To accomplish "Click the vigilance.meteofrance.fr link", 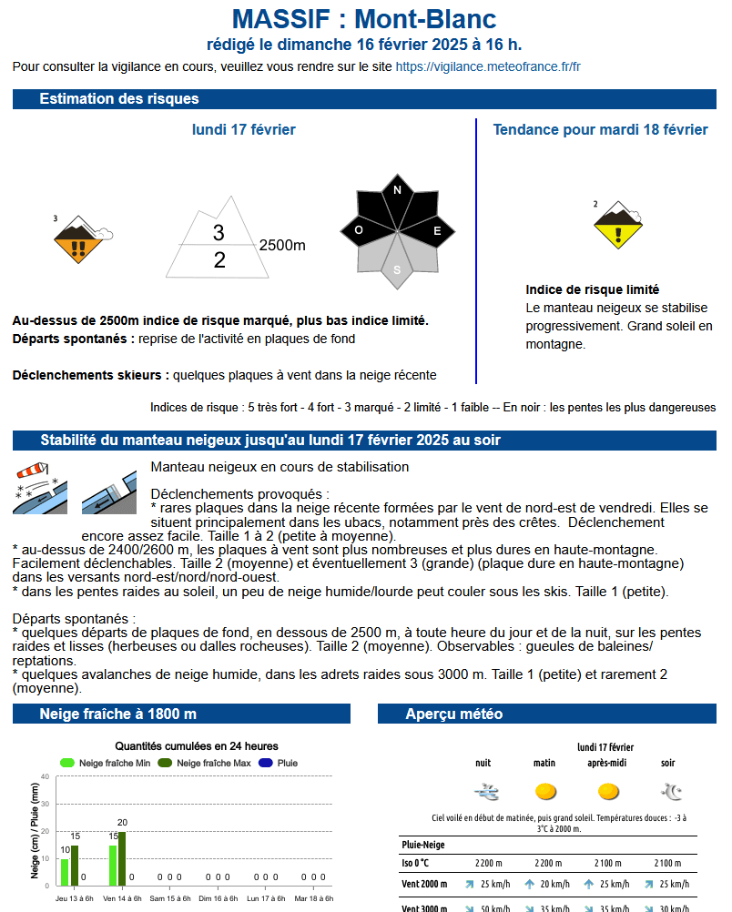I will point(488,66).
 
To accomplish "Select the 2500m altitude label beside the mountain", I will point(282,246).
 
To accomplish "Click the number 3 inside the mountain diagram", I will point(219,233).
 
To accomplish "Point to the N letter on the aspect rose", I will point(397,191).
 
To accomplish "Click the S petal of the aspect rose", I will point(397,269).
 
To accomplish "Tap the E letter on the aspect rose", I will point(437,231).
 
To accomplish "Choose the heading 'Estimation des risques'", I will point(119,99).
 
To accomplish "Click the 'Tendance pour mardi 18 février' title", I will point(600,130).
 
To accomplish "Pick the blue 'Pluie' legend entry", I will point(279,763).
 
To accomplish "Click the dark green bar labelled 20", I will point(122,858).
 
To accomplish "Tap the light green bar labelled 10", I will point(65,872).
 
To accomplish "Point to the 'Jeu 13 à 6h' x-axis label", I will point(75,898).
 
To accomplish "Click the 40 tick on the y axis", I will point(45,776).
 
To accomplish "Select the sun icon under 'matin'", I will point(545,791).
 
